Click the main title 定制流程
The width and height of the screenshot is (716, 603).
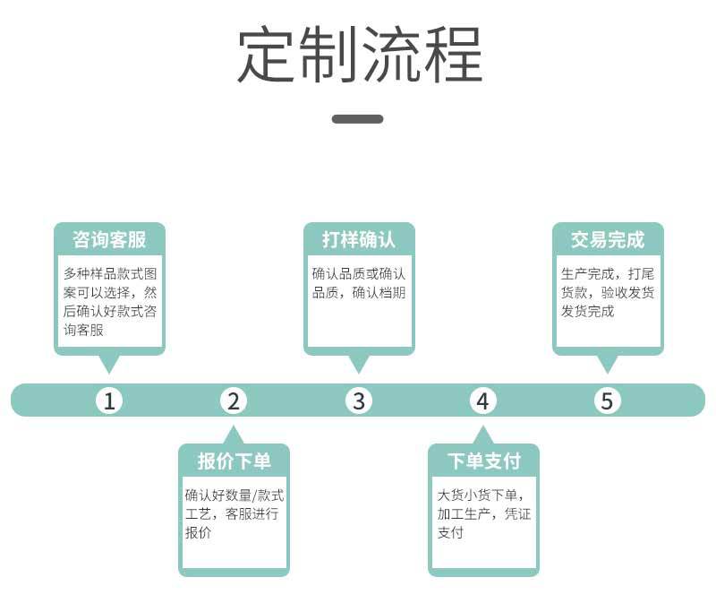pos(360,54)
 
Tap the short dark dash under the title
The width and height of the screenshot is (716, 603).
pos(357,119)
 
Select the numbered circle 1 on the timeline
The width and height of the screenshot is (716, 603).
pos(109,401)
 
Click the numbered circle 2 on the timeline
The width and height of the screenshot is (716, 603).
pos(234,401)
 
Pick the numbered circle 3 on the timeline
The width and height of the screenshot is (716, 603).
pos(359,401)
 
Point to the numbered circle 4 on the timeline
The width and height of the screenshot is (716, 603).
pos(483,401)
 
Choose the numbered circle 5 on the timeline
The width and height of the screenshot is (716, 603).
pos(608,401)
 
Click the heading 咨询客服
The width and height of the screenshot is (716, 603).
pos(109,239)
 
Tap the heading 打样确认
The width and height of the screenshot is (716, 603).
pos(359,239)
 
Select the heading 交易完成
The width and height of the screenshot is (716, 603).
pos(608,239)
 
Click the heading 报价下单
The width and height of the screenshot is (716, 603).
pos(234,461)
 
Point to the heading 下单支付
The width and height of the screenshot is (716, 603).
pos(484,461)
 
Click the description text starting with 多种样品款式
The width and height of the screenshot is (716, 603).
pos(110,301)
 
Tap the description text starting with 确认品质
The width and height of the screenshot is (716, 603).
pos(359,283)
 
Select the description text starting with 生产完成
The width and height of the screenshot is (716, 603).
pos(608,292)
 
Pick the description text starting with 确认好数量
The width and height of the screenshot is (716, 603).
pos(234,513)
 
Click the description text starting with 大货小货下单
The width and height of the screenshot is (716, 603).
pos(484,513)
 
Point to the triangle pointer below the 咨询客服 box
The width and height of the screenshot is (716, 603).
pos(109,364)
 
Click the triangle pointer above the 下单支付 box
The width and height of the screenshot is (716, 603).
pos(483,435)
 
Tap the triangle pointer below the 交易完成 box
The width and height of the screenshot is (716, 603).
pos(608,364)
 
